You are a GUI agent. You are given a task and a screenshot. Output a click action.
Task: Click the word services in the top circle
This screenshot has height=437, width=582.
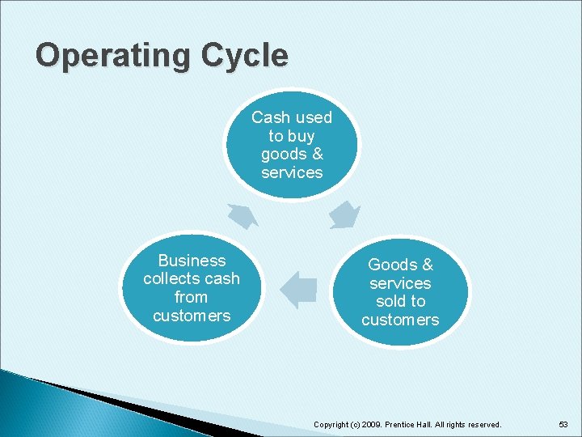point(292,172)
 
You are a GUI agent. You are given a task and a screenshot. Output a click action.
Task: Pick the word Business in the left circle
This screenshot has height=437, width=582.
point(192,261)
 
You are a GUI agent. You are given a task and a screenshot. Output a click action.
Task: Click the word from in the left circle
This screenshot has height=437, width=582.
point(192,297)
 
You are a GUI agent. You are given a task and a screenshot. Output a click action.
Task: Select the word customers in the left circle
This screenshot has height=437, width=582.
point(192,316)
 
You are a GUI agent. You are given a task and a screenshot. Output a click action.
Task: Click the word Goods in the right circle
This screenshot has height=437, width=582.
point(390,265)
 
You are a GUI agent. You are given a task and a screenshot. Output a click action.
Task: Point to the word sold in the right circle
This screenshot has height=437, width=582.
point(391,301)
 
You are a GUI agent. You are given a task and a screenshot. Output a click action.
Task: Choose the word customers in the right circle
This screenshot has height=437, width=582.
point(400,320)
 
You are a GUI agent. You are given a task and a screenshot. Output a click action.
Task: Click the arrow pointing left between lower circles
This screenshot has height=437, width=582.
point(299,290)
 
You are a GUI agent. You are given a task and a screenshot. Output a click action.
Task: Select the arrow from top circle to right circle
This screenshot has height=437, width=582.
point(345,215)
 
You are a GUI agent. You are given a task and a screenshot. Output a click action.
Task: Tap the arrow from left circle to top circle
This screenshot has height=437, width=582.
point(242,215)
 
